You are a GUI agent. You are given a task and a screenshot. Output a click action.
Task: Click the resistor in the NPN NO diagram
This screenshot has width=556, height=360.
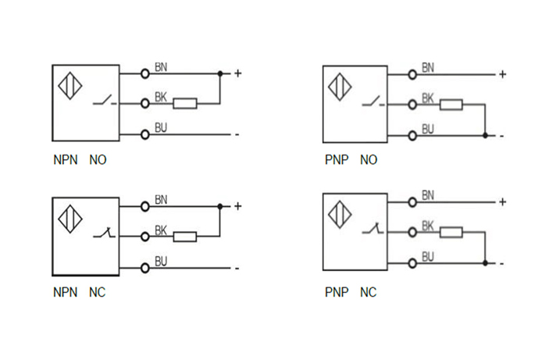184,102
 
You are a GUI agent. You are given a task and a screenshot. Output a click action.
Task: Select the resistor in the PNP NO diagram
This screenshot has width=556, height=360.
451,104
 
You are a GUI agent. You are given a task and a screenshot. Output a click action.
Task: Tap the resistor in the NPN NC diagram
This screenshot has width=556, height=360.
184,236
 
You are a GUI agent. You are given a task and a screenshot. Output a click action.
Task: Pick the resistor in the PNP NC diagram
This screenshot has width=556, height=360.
451,232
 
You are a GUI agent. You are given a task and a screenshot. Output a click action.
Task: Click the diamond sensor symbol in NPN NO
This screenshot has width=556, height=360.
71,87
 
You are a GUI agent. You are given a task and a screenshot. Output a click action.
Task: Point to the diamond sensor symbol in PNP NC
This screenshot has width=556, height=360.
340,215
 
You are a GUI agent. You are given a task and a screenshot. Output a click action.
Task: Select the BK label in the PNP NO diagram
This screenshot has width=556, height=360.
428,98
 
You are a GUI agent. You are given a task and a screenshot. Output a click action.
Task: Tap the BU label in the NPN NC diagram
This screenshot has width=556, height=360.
161,261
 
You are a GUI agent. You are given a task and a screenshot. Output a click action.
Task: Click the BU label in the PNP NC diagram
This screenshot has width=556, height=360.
428,256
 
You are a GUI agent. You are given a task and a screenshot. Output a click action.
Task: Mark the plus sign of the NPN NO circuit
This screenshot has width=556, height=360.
237,74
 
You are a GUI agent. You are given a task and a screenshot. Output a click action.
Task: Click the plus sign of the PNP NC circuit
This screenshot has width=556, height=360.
503,202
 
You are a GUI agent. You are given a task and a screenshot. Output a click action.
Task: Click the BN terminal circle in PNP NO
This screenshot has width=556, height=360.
412,75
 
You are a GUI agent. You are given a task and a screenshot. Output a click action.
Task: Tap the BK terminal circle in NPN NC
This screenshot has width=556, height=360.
144,236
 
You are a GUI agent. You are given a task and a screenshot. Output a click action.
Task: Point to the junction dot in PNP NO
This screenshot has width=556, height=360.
485,135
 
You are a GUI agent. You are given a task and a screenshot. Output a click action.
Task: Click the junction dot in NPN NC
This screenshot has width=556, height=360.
220,207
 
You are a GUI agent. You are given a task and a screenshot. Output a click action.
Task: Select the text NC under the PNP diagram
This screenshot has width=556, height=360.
368,293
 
